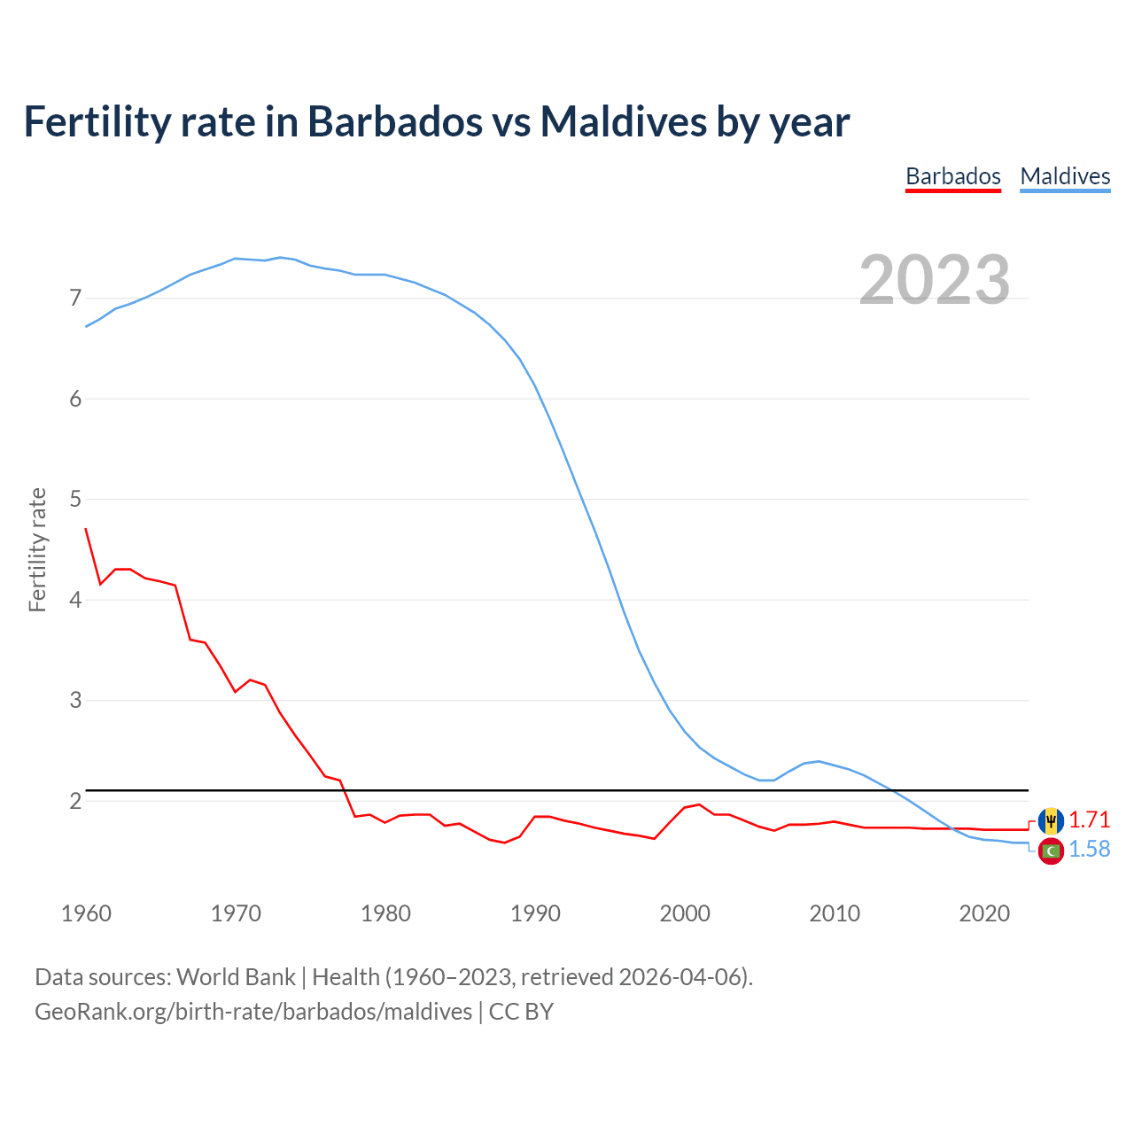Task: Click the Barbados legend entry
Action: click(952, 176)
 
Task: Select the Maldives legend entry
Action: click(1065, 176)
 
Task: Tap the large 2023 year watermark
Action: click(934, 280)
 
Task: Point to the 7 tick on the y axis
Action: click(75, 299)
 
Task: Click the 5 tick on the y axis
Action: click(75, 500)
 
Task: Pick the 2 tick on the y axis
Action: click(75, 801)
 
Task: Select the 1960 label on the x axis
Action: click(86, 913)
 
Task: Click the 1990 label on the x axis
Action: click(535, 913)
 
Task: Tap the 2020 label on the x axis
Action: click(984, 913)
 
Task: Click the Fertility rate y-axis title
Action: click(37, 549)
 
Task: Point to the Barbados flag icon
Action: click(1051, 820)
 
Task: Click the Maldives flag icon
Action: click(1051, 850)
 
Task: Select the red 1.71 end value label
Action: click(1089, 819)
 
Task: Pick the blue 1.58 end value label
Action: click(1089, 849)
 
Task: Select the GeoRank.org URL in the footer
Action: click(253, 1012)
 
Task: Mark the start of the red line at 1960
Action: click(86, 529)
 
